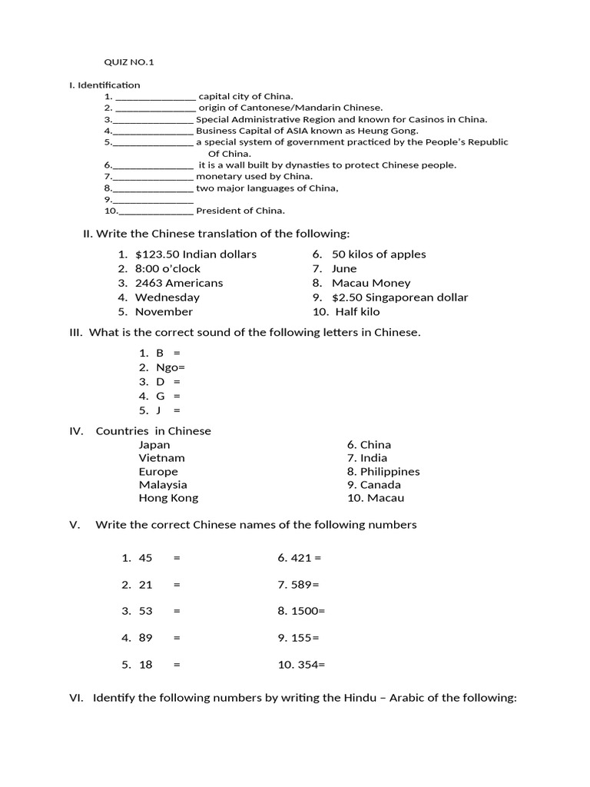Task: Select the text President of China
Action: [x=240, y=211]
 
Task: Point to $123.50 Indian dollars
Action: [x=196, y=254]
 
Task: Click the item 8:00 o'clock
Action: [x=167, y=269]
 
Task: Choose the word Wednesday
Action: [x=167, y=297]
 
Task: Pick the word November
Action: [x=164, y=312]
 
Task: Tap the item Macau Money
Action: [x=371, y=283]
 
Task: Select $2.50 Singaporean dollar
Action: [x=399, y=297]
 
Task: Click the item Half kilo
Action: [x=357, y=312]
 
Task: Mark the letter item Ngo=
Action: [x=171, y=367]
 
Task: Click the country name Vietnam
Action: [x=162, y=458]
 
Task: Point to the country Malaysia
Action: [x=163, y=485]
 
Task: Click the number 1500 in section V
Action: [x=304, y=611]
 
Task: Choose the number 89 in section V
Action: [x=146, y=638]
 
